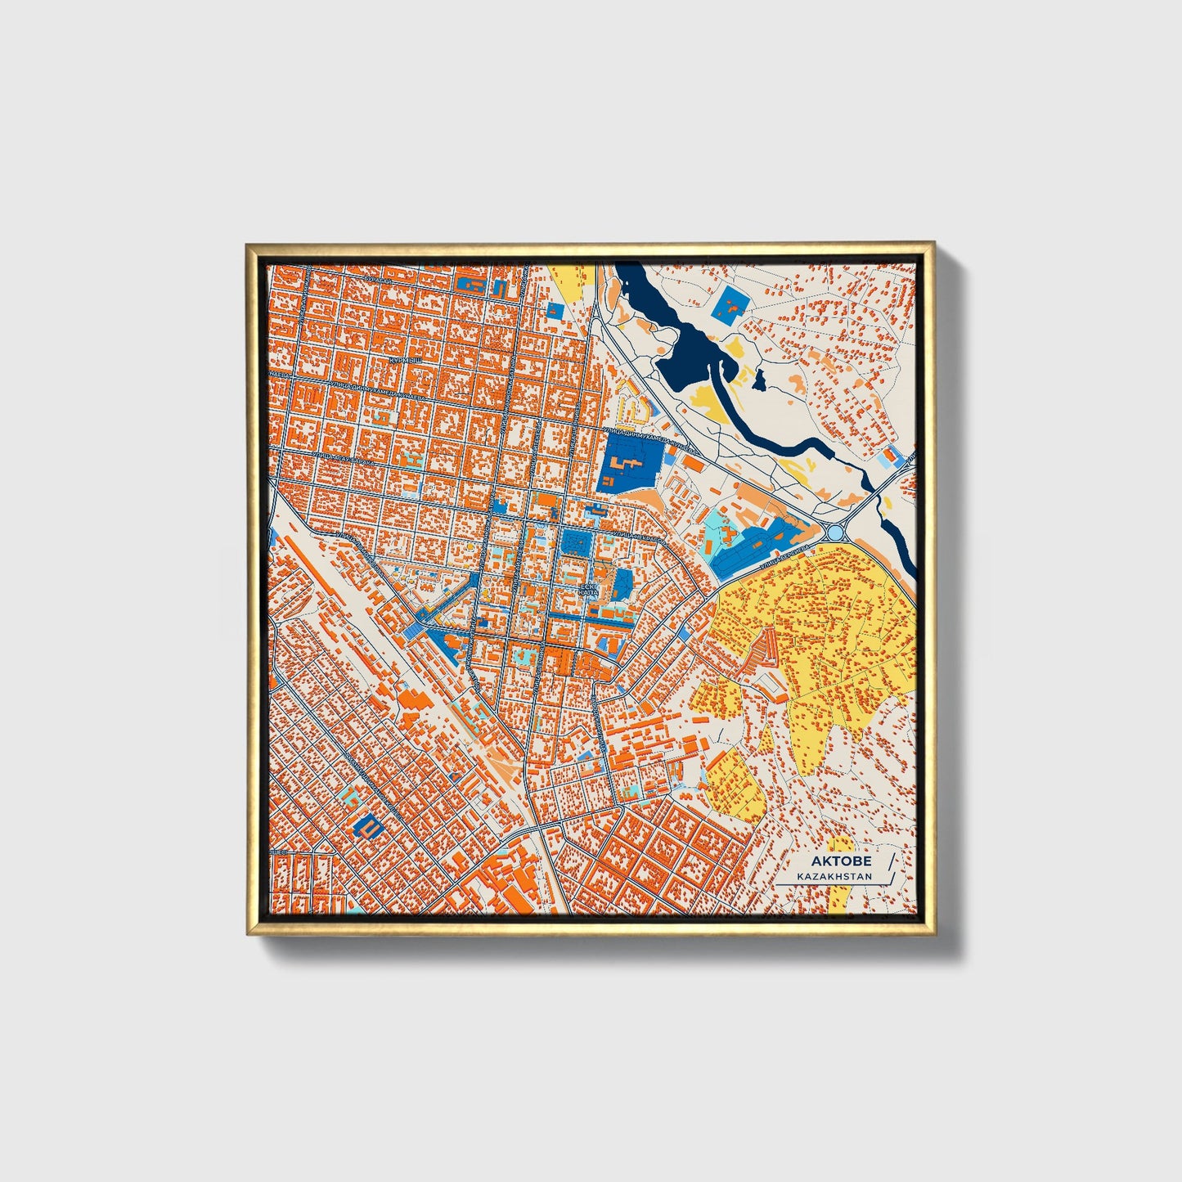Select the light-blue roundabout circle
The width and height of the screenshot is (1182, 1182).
834,533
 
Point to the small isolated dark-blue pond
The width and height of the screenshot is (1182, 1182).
760,379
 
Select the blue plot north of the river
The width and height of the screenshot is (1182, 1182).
728,306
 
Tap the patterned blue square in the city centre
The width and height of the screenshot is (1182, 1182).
577,542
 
